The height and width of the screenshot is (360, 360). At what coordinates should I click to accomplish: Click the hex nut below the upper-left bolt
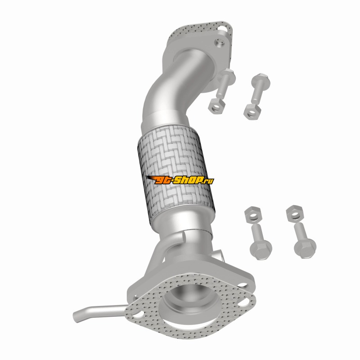217,106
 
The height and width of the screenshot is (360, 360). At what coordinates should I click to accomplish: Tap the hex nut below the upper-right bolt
252,112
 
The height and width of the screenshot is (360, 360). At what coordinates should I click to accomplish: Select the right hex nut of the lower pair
295,213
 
